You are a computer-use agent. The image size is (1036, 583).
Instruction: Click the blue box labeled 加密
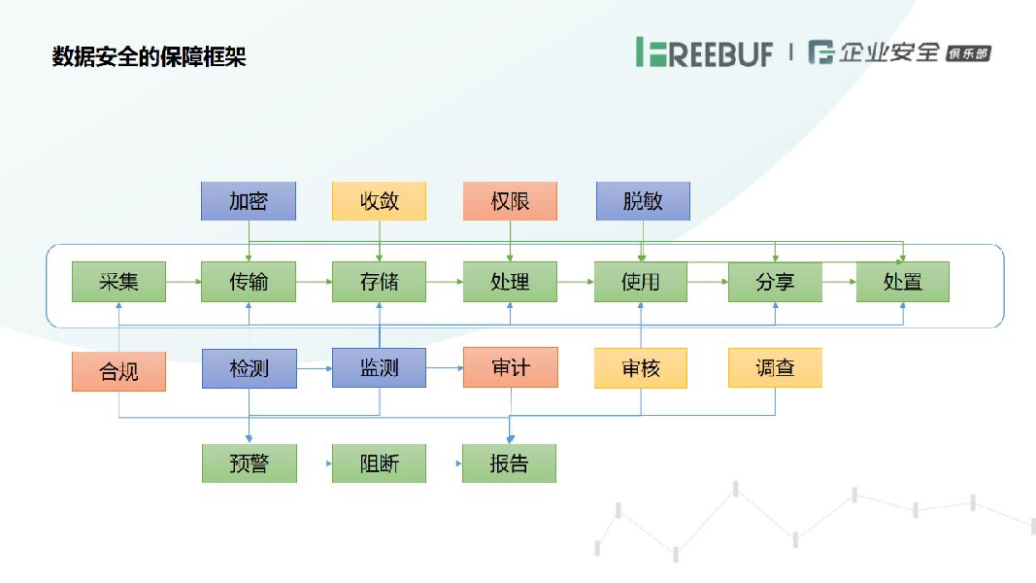point(249,201)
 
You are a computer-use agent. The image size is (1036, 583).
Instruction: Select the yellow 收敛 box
point(379,201)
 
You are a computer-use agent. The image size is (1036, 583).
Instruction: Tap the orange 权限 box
point(510,201)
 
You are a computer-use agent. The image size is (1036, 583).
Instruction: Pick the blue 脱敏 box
point(643,201)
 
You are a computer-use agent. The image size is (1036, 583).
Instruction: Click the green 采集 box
point(118,282)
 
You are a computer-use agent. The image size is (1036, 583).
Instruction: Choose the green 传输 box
point(249,282)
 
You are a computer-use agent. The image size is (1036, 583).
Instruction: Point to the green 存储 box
point(379,282)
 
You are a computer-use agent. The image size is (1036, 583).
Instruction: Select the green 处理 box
point(510,282)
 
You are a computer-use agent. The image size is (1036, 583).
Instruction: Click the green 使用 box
point(641,282)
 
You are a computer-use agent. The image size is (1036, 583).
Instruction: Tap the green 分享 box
point(775,282)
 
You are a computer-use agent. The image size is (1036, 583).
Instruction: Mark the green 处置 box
point(902,282)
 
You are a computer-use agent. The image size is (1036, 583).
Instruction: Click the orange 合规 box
point(118,371)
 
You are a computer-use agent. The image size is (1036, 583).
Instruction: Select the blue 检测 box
point(249,368)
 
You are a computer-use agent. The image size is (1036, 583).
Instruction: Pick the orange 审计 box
point(510,367)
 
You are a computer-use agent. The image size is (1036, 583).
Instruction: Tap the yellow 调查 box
point(775,367)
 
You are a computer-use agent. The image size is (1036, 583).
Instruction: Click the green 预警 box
point(249,463)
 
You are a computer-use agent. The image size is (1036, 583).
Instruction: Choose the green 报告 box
point(509,463)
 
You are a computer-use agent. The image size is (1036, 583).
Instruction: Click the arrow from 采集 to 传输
point(184,282)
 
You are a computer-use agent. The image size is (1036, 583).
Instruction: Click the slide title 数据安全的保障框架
point(149,56)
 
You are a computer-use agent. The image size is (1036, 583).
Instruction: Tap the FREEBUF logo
point(704,52)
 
